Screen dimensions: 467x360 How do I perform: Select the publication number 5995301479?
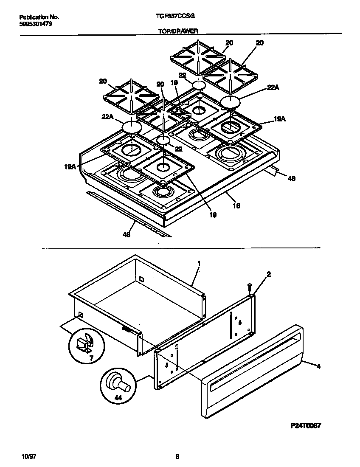point(37,24)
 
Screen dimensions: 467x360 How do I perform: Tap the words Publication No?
point(39,17)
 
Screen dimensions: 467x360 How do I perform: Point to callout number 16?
point(236,205)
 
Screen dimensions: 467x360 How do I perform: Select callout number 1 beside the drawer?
point(199,263)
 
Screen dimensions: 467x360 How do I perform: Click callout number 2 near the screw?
point(269,275)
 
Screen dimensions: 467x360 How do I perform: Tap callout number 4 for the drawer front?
point(318,366)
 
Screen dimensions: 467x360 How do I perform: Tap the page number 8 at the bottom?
point(177,457)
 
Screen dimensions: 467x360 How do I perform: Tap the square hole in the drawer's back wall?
point(141,279)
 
